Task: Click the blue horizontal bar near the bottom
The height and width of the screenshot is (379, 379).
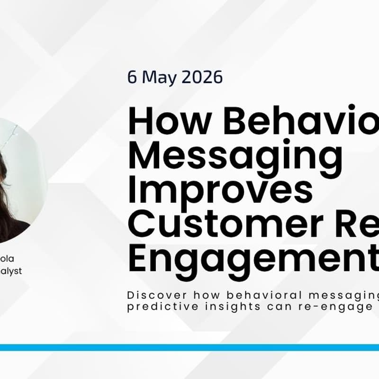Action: pos(189,347)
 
